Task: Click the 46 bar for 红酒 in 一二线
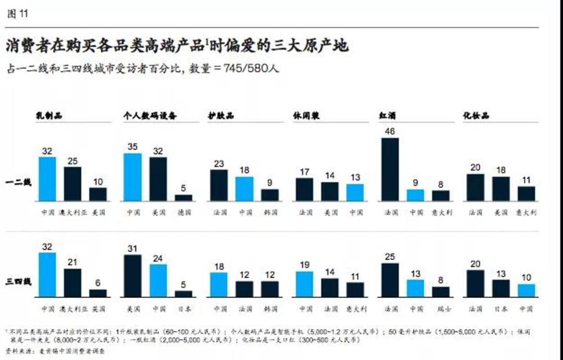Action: click(390, 169)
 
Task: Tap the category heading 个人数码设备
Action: click(150, 116)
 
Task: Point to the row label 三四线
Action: click(19, 282)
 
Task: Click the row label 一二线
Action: click(19, 183)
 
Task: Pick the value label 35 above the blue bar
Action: click(132, 147)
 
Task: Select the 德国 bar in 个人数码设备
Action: click(183, 198)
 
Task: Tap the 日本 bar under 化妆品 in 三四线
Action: click(500, 288)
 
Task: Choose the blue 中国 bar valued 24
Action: click(158, 280)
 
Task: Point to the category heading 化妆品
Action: click(475, 116)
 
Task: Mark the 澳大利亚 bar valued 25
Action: click(72, 184)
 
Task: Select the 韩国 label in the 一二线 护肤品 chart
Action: click(270, 213)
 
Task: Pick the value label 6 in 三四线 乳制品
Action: click(98, 283)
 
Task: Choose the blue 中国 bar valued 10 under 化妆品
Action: click(526, 290)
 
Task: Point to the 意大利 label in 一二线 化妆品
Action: click(526, 213)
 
